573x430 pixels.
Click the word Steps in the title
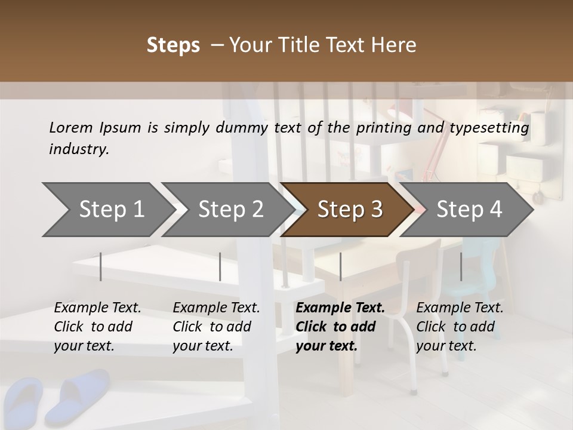[173, 45]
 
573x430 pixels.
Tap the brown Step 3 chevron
[346, 210]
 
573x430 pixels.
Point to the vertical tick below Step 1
[101, 266]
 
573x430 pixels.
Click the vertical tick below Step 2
[220, 266]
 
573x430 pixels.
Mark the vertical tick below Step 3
[340, 266]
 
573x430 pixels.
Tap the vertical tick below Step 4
[461, 266]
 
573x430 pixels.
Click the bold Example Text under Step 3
[340, 308]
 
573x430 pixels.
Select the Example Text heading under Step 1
[97, 308]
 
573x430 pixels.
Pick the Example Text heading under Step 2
[216, 308]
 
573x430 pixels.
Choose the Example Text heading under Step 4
[460, 308]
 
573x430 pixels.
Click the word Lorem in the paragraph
[71, 127]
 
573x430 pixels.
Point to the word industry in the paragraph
[79, 149]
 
